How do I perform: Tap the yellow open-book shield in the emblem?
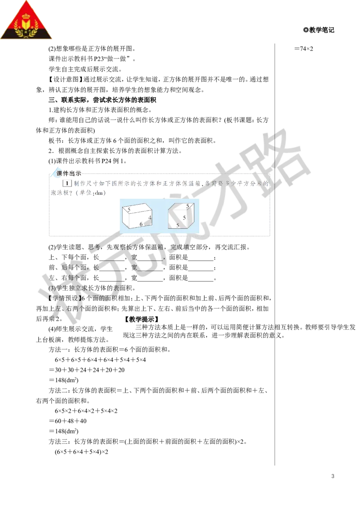point(27,25)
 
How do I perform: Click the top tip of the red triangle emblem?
point(27,2)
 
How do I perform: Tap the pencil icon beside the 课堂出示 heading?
point(54,172)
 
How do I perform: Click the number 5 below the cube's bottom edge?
point(178,226)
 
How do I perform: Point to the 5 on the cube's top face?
point(188,205)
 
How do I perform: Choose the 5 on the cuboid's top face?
point(129,209)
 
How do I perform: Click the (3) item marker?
point(50,288)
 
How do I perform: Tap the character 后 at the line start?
point(65,267)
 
